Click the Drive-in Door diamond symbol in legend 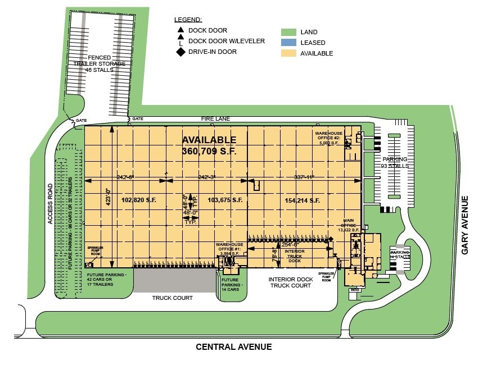pyautogui.click(x=180, y=52)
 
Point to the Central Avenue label pyautogui.click(x=233, y=347)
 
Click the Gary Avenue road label pyautogui.click(x=465, y=225)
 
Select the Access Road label pyautogui.click(x=50, y=204)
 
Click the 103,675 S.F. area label pyautogui.click(x=225, y=200)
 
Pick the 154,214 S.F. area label pyautogui.click(x=302, y=200)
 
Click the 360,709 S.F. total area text pyautogui.click(x=209, y=151)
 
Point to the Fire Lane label pyautogui.click(x=216, y=120)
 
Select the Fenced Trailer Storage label pyautogui.click(x=100, y=63)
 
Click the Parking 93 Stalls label pyautogui.click(x=394, y=163)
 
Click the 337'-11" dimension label pyautogui.click(x=305, y=177)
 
